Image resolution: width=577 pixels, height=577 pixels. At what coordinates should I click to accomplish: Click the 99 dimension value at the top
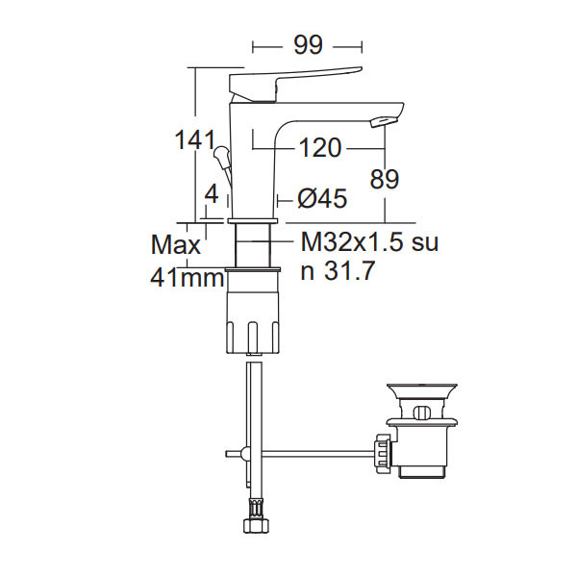pos(309,45)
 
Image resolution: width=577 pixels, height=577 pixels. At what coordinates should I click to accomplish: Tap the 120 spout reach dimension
pos(320,148)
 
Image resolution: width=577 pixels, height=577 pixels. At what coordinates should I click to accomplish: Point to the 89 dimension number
pos(384,180)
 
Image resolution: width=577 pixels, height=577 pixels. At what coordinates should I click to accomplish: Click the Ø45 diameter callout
pos(322,199)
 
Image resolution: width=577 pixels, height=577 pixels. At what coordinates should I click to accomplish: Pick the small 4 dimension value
pos(212,194)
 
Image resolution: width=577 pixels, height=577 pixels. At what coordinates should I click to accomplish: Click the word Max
pos(176,244)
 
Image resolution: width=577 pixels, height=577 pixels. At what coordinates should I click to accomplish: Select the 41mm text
pos(187,278)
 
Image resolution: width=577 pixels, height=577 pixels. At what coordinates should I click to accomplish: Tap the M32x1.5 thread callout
pos(353,242)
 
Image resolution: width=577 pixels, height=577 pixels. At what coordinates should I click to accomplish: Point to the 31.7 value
pos(349,271)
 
